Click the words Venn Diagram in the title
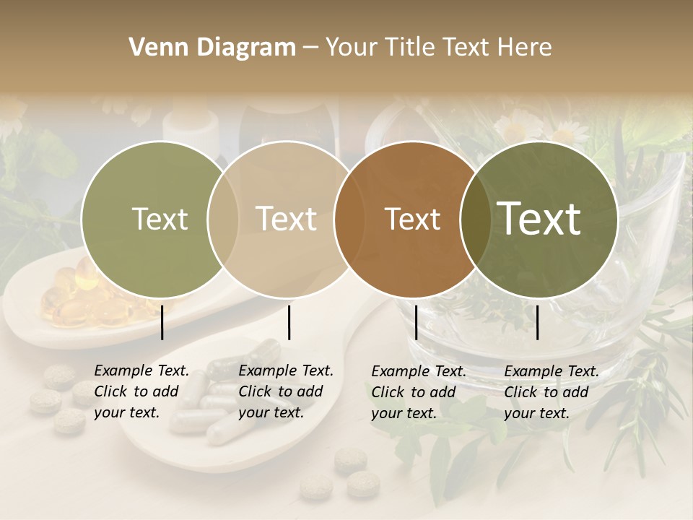pos(212,48)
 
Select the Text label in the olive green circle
pos(160,220)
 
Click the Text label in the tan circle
pos(286,219)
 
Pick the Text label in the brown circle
pos(412,219)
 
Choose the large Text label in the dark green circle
pos(539,219)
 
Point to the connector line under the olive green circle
pos(162,322)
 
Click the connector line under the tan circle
pos(289,322)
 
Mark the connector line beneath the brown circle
pos(416,322)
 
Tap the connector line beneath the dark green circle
pos(538,322)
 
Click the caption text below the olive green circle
pos(141,392)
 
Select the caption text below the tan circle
pos(286,392)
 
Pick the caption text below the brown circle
pos(419,392)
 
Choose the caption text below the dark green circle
pos(552,392)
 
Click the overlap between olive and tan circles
pos(223,219)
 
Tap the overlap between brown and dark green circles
pos(474,219)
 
